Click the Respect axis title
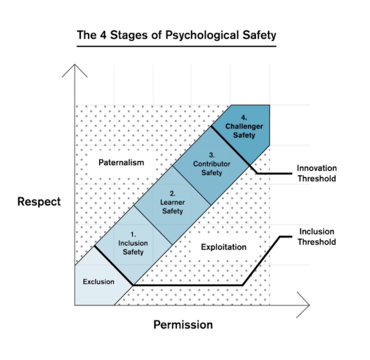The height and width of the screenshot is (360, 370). [39, 202]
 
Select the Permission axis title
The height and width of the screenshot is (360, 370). [183, 325]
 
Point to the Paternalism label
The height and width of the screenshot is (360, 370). [121, 162]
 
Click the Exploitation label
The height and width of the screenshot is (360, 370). [224, 247]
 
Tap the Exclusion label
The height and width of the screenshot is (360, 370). [98, 282]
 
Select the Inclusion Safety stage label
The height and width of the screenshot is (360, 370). [133, 248]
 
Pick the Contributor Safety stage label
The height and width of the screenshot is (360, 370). [211, 168]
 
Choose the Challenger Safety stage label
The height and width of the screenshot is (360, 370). [244, 131]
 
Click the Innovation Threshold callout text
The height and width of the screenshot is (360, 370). [317, 173]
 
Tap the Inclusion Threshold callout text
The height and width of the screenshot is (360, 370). [317, 237]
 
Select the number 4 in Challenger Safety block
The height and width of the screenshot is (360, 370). [244, 117]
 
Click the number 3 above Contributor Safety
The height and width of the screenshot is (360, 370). [211, 155]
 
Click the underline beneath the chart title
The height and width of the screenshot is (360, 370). [176, 46]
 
